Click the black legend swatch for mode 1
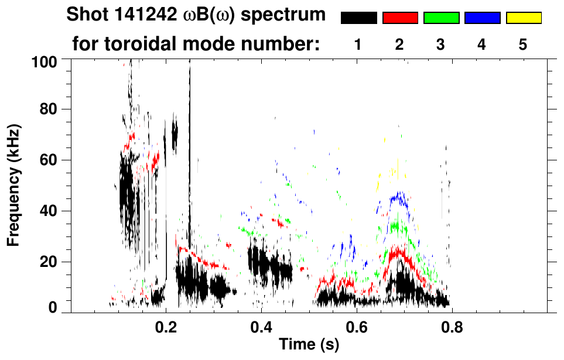coord(358,18)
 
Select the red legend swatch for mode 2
coord(400,18)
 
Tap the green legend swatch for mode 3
coord(441,18)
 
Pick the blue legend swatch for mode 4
coord(482,18)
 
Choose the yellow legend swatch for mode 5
coord(524,18)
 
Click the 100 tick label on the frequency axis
coord(45,61)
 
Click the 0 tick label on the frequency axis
coord(52,307)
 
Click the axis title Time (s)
coord(309,345)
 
